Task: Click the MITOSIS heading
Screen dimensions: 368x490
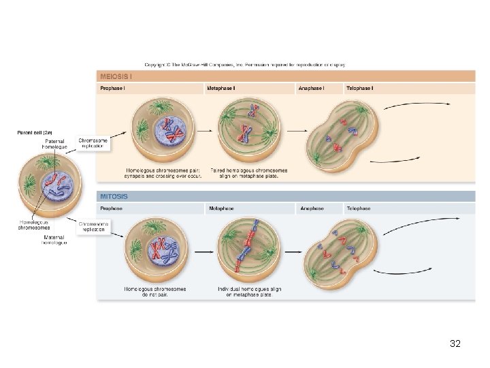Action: [114, 196]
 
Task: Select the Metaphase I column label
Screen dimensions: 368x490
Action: [221, 89]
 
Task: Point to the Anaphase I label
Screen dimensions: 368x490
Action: [311, 89]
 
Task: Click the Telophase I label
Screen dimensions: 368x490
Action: [360, 89]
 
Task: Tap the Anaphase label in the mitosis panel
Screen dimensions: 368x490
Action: [311, 208]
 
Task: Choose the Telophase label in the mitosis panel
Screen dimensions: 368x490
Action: [359, 208]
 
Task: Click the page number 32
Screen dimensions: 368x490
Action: [455, 344]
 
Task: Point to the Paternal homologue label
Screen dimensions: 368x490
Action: [54, 144]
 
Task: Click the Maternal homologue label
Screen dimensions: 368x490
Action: [54, 240]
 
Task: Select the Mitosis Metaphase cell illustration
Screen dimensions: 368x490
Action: [250, 250]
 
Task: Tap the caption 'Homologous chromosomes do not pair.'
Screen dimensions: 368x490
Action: [156, 292]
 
